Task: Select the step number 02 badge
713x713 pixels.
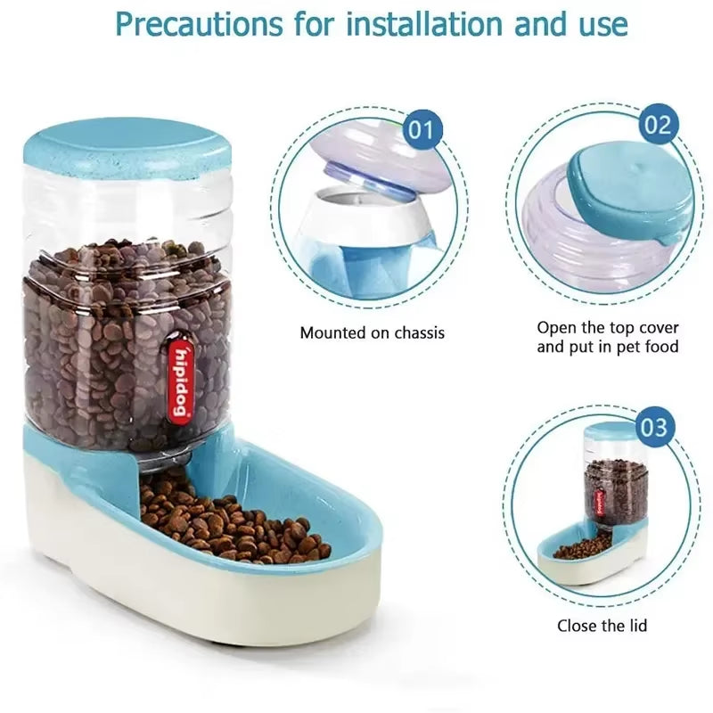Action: click(657, 125)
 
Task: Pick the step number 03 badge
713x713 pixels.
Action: click(653, 426)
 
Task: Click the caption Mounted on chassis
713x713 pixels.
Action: click(372, 333)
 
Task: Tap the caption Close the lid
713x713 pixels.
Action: click(603, 626)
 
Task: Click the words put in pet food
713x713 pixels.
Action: click(608, 347)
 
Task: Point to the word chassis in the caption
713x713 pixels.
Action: click(414, 333)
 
